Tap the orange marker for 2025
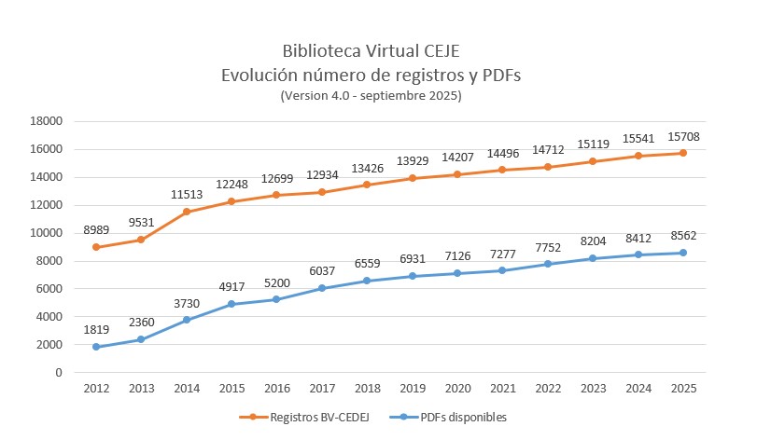click(682, 153)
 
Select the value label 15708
click(682, 134)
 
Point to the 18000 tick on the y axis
click(47, 121)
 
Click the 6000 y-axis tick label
click(49, 289)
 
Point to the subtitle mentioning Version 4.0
click(371, 95)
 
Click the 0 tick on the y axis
click(58, 373)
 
